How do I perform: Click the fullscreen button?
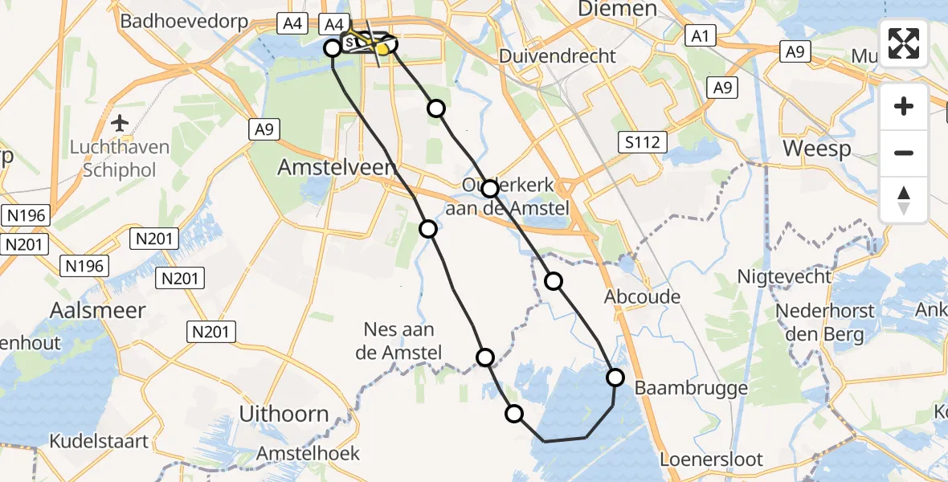point(904,43)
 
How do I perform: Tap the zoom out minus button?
point(904,153)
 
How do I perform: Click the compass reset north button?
point(904,200)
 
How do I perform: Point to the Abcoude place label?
point(643,296)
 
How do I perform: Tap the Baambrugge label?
point(691,388)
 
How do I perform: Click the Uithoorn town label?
point(284,415)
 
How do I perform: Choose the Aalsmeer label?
point(97,310)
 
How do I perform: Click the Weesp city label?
point(816,150)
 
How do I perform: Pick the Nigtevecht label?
point(785,277)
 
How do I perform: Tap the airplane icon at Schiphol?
point(121,123)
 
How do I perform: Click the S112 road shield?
point(644,143)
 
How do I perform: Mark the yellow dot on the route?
point(383,49)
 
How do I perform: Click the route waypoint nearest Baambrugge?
point(615,377)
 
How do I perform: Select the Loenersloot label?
point(710,460)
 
